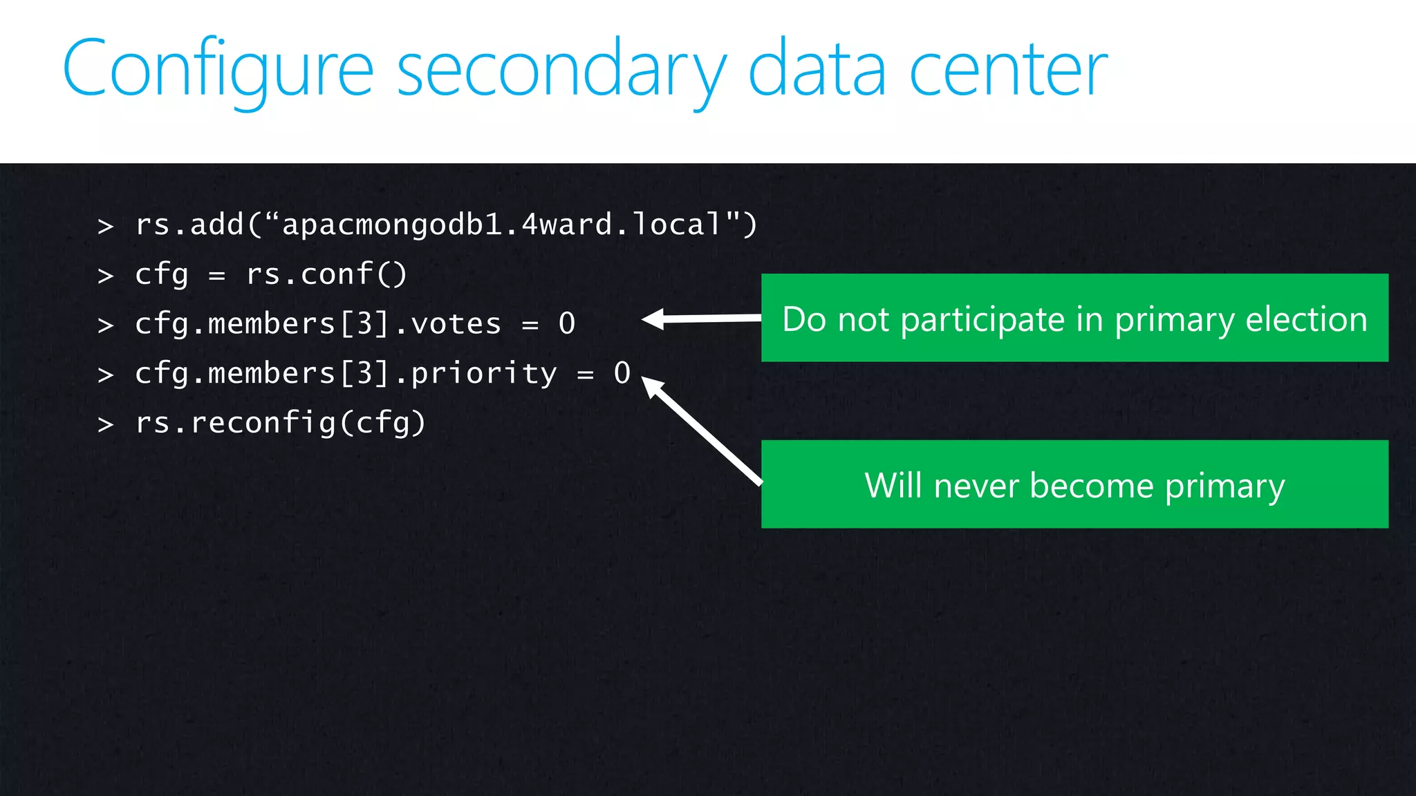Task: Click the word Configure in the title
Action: click(218, 69)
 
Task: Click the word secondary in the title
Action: click(561, 69)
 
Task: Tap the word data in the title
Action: click(817, 69)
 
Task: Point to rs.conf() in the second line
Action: click(326, 274)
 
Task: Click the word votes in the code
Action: click(456, 324)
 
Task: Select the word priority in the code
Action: click(483, 374)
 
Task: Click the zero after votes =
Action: click(567, 323)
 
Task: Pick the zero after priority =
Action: click(622, 373)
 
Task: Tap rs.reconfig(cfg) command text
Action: click(280, 423)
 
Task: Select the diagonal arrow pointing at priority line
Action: click(702, 429)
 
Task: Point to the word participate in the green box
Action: click(982, 319)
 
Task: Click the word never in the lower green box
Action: click(976, 485)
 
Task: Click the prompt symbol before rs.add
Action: click(105, 226)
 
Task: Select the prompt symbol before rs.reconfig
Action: click(105, 424)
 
